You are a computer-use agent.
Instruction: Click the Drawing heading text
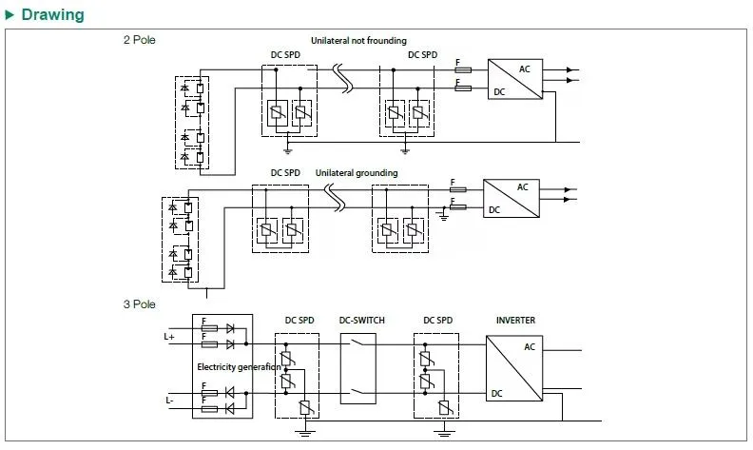(52, 15)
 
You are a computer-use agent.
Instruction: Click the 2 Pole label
(139, 40)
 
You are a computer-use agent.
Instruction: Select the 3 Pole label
(139, 304)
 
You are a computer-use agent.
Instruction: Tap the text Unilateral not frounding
(358, 41)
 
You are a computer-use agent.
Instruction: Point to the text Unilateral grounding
(356, 172)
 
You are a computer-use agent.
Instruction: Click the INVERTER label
(515, 321)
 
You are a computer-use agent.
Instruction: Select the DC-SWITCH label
(362, 321)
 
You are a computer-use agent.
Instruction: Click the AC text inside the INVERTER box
(530, 347)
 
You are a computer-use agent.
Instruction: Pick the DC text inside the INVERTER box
(496, 393)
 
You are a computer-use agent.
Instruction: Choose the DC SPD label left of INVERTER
(438, 321)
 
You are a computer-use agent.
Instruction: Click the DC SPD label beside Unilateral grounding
(285, 172)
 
